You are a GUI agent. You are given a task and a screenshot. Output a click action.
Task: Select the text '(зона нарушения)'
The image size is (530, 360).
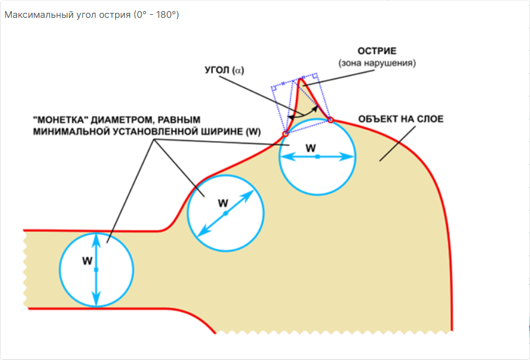coord(377,63)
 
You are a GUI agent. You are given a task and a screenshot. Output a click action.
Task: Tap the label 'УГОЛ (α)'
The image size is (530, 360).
coord(225,71)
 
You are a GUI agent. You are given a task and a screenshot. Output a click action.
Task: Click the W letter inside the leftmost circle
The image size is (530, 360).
coord(87,261)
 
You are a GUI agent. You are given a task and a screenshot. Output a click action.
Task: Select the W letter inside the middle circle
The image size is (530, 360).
coord(223,202)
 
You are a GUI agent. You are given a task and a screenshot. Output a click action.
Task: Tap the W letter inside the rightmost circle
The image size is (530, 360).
coord(311,148)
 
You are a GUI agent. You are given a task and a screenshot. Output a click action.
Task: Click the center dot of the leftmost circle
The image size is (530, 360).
coord(97,270)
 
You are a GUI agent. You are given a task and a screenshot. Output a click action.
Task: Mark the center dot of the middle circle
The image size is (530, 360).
coord(226,213)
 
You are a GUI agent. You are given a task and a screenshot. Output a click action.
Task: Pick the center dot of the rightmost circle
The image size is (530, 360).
coord(317,157)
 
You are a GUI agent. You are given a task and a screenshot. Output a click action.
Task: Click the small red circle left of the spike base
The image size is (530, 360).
coord(285,134)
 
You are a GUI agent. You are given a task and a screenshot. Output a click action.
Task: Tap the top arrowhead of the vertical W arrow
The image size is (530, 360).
coord(97,236)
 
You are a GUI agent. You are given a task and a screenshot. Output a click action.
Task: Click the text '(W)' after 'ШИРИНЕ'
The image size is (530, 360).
coord(253,132)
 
